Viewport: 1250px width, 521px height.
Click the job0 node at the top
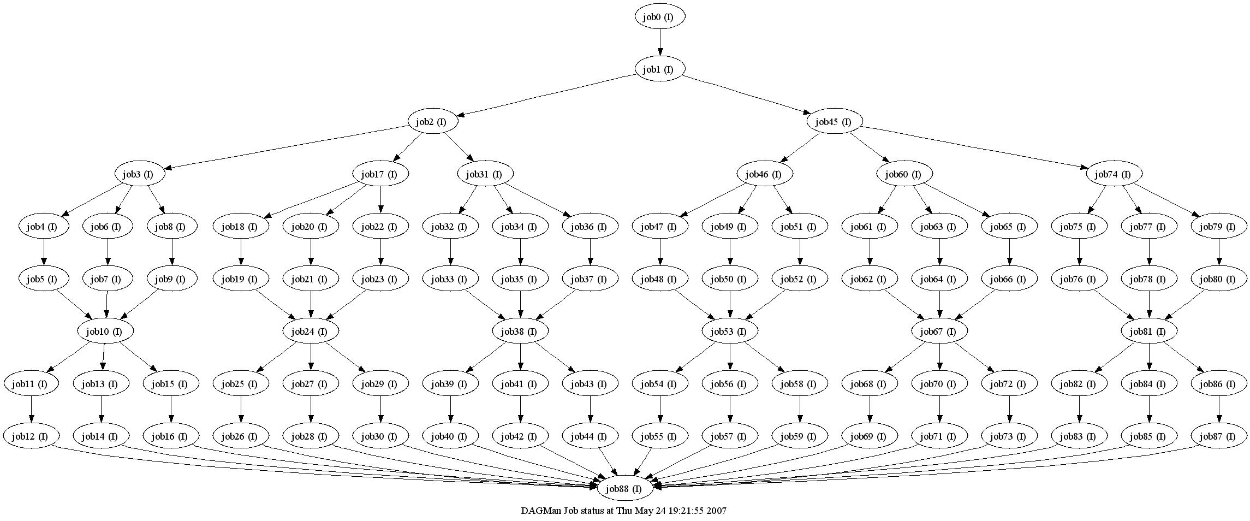659,17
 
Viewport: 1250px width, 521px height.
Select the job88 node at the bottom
626,489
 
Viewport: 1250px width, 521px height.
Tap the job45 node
834,122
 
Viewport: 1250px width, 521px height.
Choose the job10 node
106,331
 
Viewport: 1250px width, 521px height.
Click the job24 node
311,331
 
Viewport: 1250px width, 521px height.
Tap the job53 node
730,331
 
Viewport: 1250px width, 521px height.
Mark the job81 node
1149,331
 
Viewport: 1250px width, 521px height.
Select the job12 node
32,436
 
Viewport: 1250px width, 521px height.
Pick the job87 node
1219,436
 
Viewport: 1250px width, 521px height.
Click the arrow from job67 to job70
940,357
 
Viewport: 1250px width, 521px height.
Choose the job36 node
590,227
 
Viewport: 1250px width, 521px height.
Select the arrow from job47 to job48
660,252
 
